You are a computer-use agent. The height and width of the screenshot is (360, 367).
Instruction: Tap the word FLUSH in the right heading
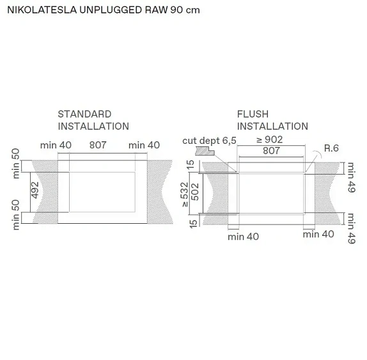(253, 114)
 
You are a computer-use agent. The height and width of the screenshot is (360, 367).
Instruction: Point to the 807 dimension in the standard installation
(98, 145)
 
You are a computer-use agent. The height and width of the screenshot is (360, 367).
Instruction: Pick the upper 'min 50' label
(16, 162)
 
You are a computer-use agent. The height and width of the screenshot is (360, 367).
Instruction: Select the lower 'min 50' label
(16, 214)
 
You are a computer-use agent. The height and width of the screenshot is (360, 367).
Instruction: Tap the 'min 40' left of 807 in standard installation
(56, 145)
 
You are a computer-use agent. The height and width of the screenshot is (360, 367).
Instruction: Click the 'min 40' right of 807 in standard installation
(144, 145)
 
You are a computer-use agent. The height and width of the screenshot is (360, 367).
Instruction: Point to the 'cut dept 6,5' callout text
(209, 140)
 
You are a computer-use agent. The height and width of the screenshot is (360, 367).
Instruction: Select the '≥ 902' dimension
(269, 139)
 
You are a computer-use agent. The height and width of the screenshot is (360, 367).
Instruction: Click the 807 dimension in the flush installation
(271, 151)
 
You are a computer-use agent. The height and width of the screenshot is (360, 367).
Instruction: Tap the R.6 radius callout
(331, 148)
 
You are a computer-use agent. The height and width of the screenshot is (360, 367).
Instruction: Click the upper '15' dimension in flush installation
(190, 165)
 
